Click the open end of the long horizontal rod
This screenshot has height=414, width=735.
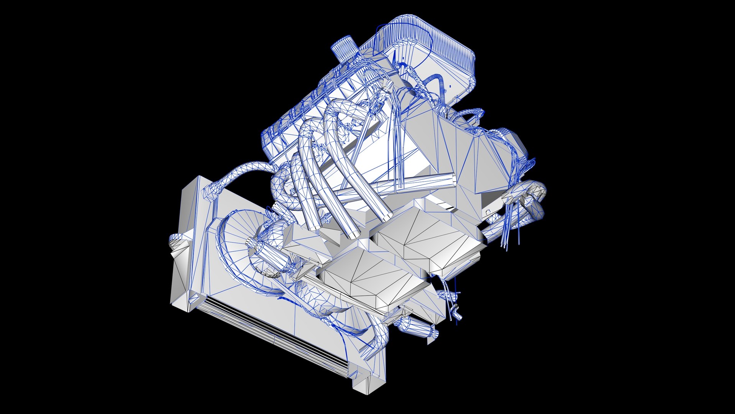[452, 179]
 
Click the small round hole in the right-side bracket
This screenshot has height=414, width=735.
[488, 211]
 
